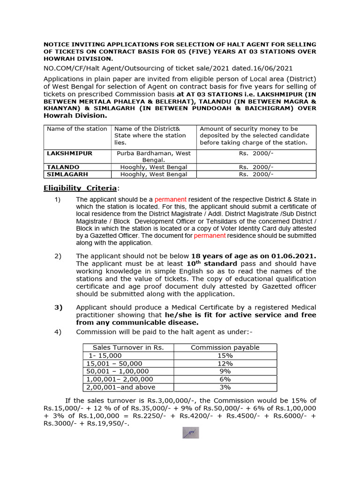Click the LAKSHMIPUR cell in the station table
69,153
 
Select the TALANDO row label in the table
63,167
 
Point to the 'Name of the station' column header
77,129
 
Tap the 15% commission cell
225,356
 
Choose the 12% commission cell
225,364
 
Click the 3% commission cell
225,387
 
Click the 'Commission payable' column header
225,348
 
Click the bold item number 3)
59,307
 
